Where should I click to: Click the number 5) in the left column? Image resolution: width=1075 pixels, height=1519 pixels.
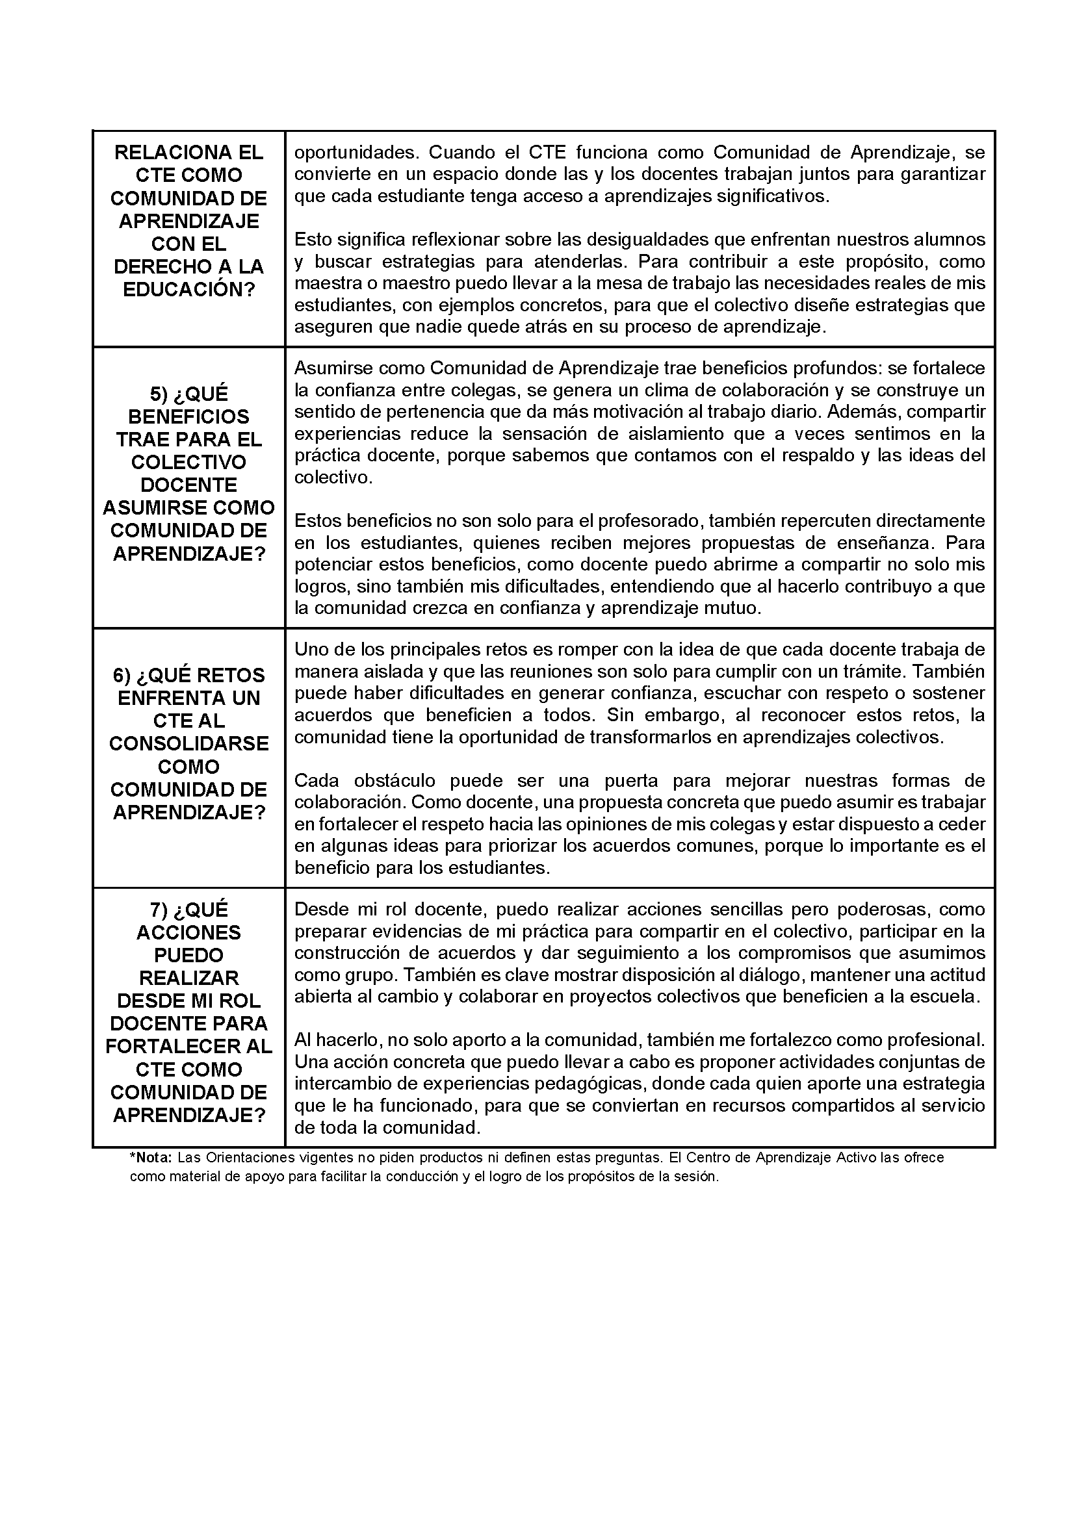pyautogui.click(x=159, y=394)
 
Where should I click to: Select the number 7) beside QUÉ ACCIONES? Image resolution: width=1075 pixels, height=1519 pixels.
pyautogui.click(x=159, y=910)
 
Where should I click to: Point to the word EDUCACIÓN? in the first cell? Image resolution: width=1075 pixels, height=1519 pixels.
pyautogui.click(x=188, y=290)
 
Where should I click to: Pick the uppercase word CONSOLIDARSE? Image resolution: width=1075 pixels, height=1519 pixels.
pyautogui.click(x=188, y=744)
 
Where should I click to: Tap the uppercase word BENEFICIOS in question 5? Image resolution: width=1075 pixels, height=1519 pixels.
pyautogui.click(x=188, y=417)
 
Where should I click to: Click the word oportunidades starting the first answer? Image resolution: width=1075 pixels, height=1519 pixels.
pyautogui.click(x=356, y=153)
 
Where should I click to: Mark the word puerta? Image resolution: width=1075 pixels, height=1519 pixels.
pyautogui.click(x=630, y=781)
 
